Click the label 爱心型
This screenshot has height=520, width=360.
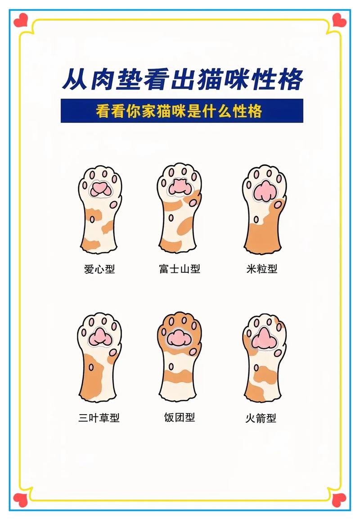tap(99, 269)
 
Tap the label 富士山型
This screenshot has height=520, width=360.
tap(180, 269)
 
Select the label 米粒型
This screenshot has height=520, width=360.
tap(261, 269)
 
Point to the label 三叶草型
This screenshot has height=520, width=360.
tap(99, 418)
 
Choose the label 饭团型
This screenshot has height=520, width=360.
tap(180, 417)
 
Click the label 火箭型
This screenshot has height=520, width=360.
tap(261, 418)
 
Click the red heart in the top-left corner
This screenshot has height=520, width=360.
tap(21, 20)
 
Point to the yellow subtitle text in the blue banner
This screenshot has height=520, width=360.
tap(179, 111)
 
